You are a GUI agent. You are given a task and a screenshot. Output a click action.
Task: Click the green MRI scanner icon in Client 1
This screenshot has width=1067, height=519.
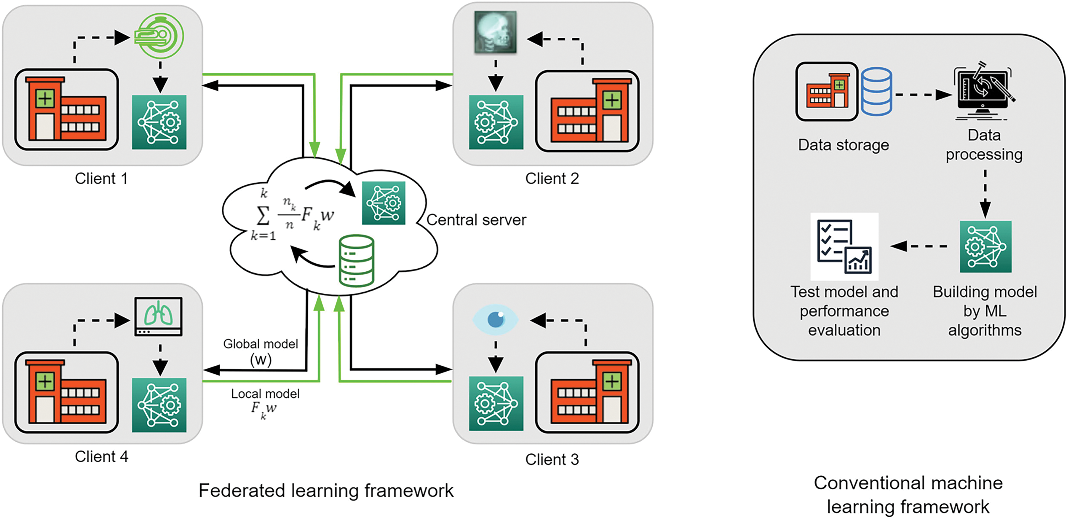(x=160, y=36)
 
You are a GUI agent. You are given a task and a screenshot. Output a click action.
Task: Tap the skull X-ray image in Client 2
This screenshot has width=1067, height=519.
(x=495, y=32)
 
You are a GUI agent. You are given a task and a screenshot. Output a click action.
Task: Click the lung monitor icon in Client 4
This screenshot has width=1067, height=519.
(x=159, y=316)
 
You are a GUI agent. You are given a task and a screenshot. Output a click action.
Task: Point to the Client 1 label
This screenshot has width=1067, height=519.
(x=101, y=179)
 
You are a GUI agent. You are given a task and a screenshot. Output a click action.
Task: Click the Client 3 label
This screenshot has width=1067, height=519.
(x=552, y=459)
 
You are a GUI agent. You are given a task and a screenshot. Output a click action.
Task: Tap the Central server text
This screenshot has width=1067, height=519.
(x=476, y=220)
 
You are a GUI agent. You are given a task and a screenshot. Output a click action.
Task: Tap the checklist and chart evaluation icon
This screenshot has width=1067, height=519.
(x=844, y=247)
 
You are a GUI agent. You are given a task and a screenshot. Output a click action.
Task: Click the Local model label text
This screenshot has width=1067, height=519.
(x=265, y=394)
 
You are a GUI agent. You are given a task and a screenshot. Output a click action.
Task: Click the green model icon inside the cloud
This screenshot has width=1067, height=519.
(x=384, y=203)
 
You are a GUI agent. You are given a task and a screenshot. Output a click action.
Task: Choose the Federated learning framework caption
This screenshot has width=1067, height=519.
(x=326, y=491)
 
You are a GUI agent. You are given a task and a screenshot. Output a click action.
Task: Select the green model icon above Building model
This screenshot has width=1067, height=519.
(x=985, y=247)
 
